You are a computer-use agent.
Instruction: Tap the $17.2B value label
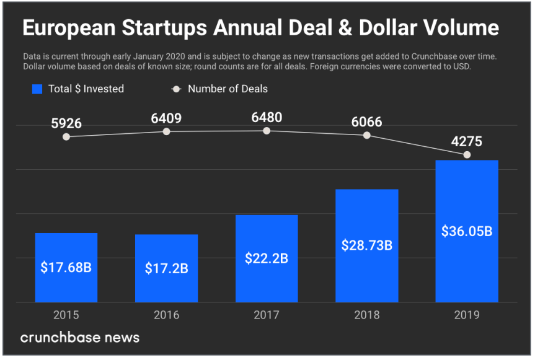166,268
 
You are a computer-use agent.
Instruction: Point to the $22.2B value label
267,258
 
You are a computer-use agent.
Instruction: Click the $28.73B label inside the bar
366,245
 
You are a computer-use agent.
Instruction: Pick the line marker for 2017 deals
267,131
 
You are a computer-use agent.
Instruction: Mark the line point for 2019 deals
467,155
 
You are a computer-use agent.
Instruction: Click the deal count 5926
66,123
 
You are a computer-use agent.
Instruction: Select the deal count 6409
166,118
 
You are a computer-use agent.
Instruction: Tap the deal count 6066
366,121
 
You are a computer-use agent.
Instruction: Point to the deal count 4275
467,141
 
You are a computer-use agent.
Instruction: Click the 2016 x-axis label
166,315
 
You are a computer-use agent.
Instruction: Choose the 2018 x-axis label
366,315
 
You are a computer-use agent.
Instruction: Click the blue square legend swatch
37,89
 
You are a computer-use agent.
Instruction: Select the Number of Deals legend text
228,89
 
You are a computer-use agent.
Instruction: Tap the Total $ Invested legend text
86,89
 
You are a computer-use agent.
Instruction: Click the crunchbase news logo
80,338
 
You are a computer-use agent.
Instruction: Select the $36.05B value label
467,231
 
